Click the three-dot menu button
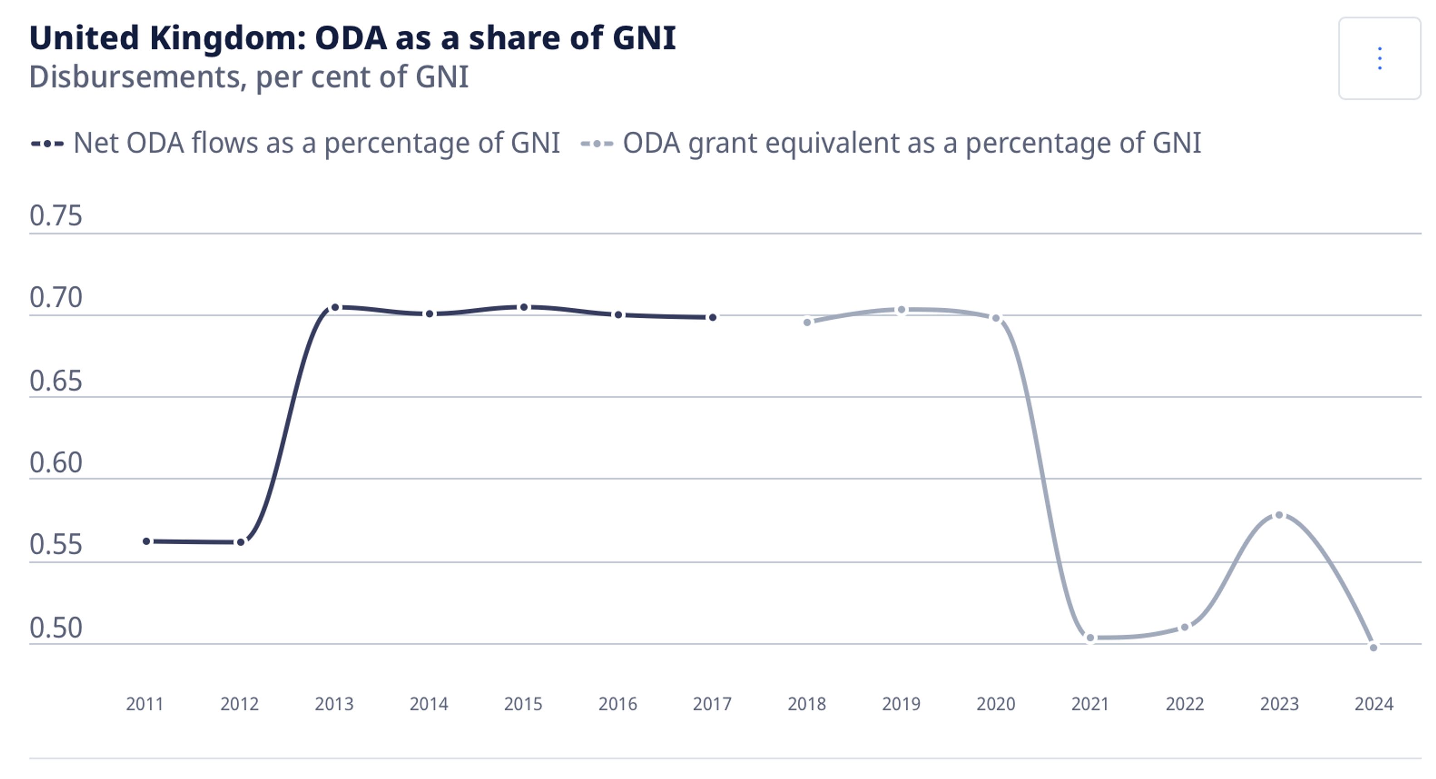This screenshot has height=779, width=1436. pyautogui.click(x=1379, y=59)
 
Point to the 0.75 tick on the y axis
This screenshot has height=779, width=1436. pyautogui.click(x=56, y=215)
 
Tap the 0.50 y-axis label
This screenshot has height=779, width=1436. pyautogui.click(x=56, y=627)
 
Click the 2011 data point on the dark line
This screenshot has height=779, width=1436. pyautogui.click(x=147, y=541)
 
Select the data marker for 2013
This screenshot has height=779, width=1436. pyautogui.click(x=335, y=307)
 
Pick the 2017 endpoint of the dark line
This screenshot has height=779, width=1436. pyautogui.click(x=713, y=317)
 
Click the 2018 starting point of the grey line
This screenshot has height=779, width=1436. pyautogui.click(x=807, y=322)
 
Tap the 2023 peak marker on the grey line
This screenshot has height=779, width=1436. pyautogui.click(x=1279, y=515)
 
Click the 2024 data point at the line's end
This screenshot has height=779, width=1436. pyautogui.click(x=1373, y=647)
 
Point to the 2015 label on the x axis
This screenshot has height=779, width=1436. pyautogui.click(x=523, y=704)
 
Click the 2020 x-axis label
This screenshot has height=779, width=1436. pyautogui.click(x=996, y=704)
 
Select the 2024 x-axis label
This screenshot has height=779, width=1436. pyautogui.click(x=1373, y=704)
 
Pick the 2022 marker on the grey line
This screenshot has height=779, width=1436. pyautogui.click(x=1185, y=627)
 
